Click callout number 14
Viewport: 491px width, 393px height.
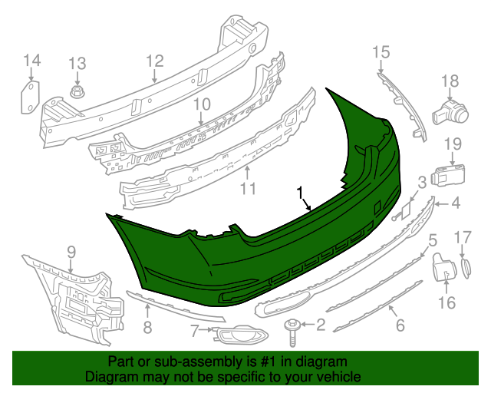click(x=31, y=61)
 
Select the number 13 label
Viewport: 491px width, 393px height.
click(x=78, y=64)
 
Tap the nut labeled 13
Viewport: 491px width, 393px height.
click(x=77, y=95)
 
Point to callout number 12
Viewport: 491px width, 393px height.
click(x=155, y=60)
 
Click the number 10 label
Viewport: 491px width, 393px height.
click(x=201, y=104)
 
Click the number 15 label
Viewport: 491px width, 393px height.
click(x=381, y=52)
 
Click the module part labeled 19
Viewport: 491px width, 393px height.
click(x=448, y=175)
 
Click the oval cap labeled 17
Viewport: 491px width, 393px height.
click(x=466, y=267)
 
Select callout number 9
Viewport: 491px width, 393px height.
click(x=71, y=251)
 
